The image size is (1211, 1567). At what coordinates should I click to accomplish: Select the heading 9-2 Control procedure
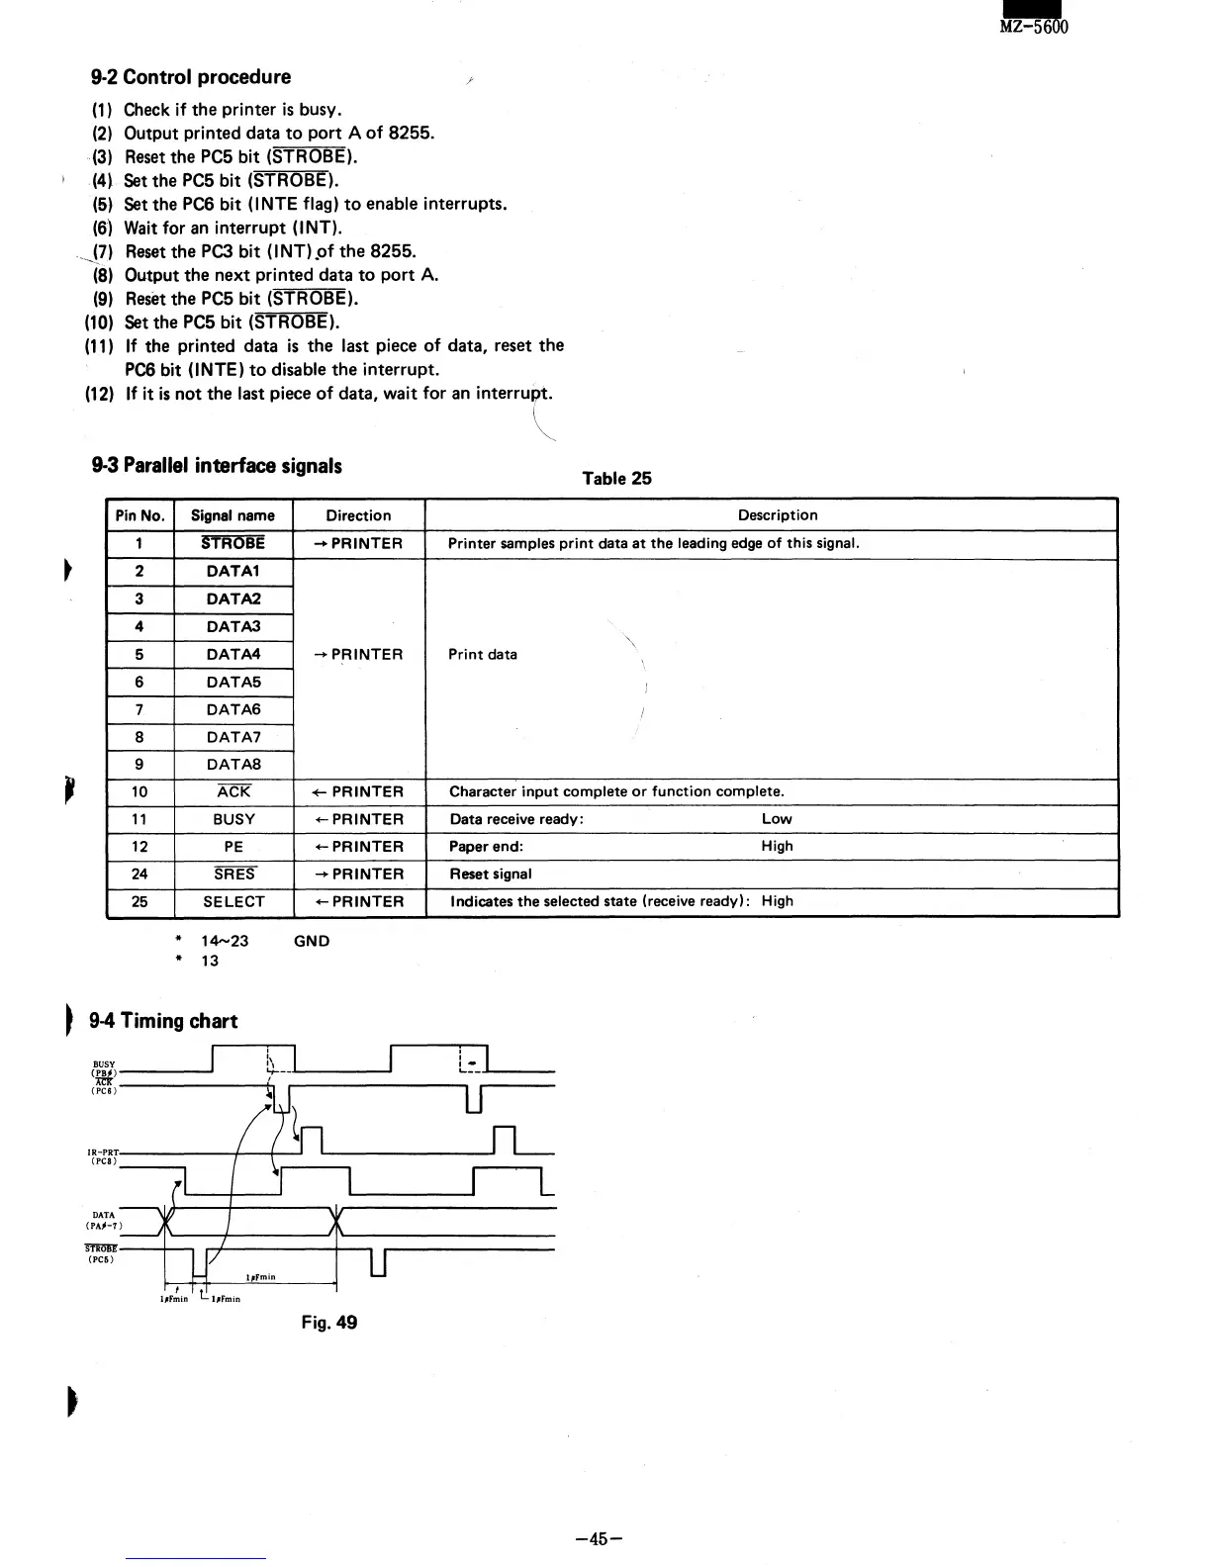coord(191,77)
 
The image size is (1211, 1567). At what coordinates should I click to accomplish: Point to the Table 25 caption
coord(616,479)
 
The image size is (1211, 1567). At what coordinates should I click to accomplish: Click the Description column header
coord(778,515)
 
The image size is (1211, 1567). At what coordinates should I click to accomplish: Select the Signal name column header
coord(233,515)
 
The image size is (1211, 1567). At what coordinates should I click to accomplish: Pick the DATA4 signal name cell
coord(233,654)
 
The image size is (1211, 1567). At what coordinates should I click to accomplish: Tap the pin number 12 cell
coord(140,847)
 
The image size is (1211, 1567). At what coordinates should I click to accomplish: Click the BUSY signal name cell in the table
coord(233,819)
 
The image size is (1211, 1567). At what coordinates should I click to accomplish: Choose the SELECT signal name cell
coord(233,902)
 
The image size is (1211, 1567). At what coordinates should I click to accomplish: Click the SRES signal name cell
coord(234,875)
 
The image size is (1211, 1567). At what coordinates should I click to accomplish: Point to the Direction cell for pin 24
coord(358,875)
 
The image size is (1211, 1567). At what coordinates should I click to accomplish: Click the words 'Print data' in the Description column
coord(483,655)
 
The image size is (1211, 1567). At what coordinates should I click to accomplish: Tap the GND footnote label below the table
coord(312,942)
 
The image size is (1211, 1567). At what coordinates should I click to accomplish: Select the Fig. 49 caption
coord(329,1323)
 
